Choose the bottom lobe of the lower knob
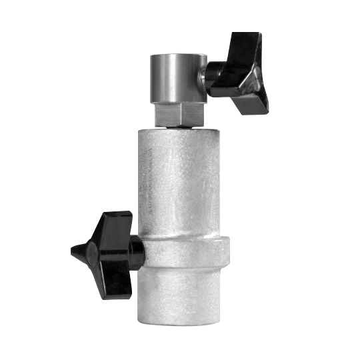pyautogui.click(x=110, y=283)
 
